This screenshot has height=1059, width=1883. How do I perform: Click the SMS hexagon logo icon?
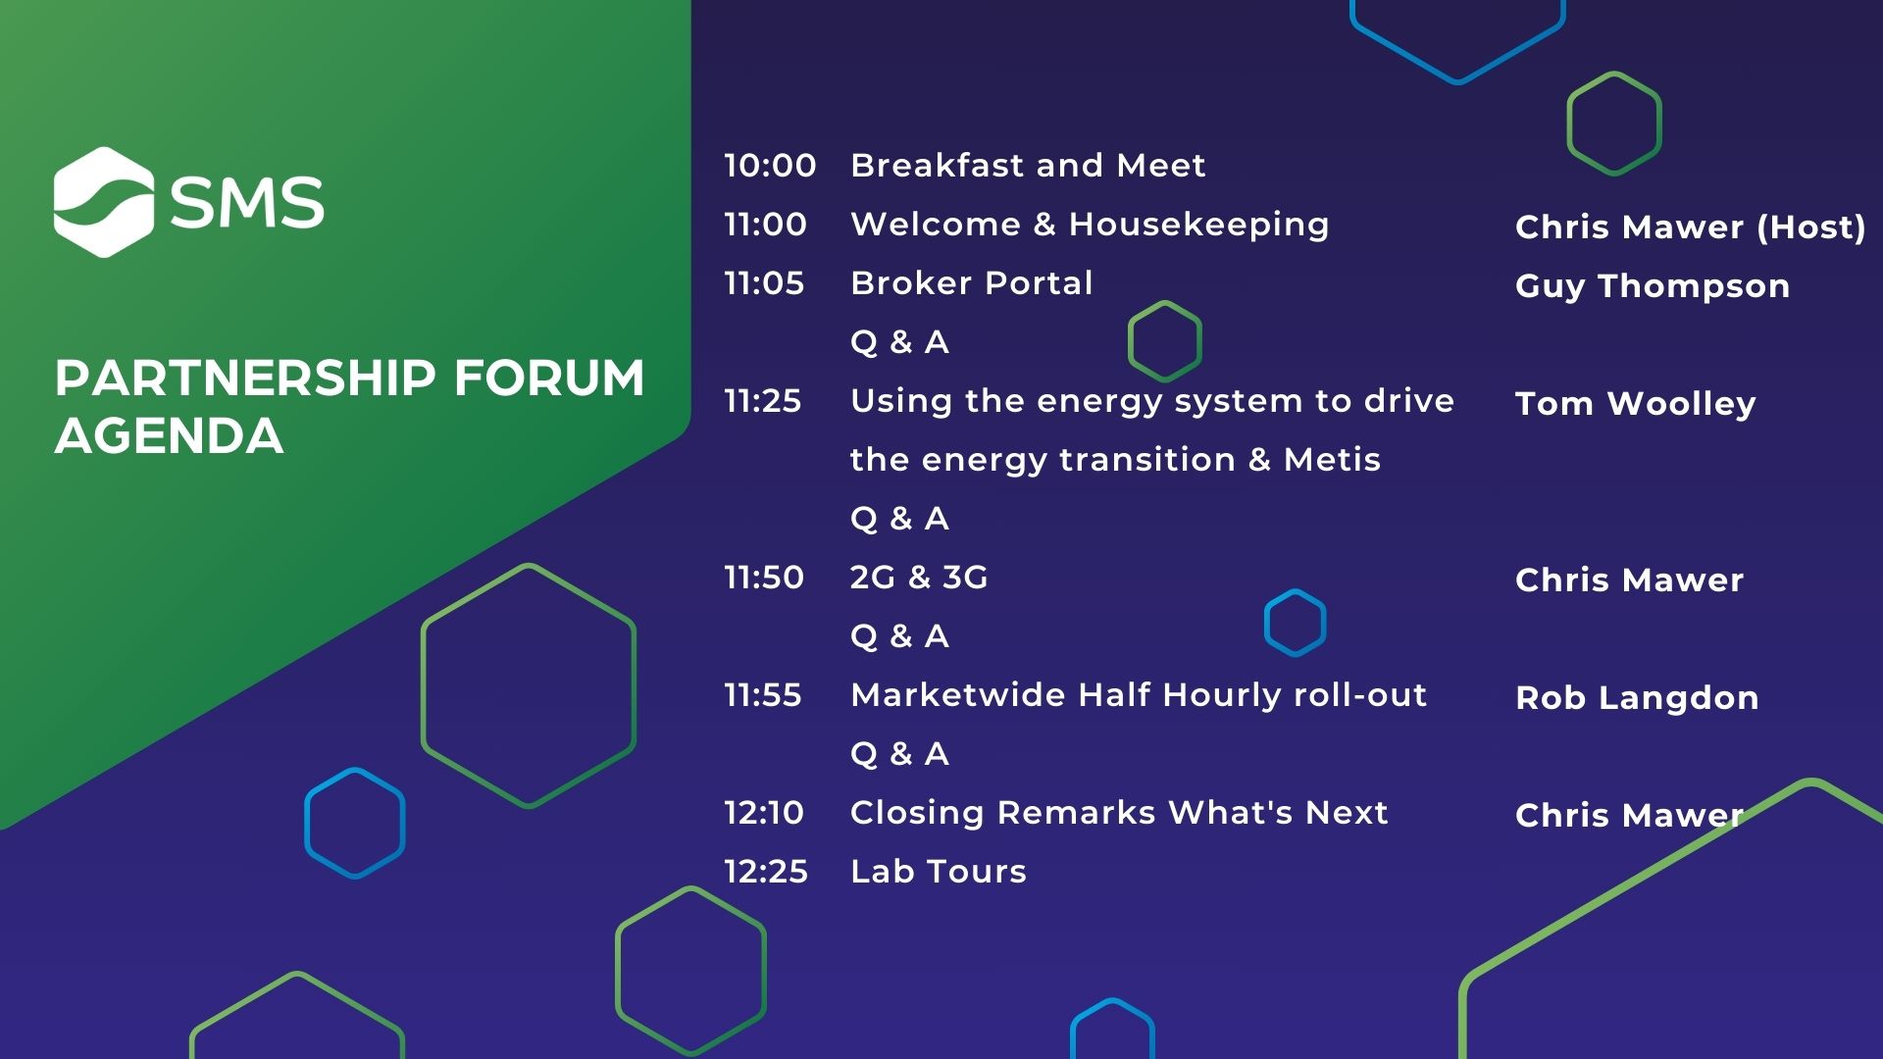104,202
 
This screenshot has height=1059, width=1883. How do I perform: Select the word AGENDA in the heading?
169,436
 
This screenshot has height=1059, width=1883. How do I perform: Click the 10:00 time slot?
770,166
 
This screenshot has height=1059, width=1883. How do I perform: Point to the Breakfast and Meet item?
1028,166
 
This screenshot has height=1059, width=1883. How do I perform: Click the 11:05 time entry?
764,283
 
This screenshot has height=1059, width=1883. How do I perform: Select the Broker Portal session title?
971,283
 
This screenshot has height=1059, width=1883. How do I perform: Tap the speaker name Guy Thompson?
1653,286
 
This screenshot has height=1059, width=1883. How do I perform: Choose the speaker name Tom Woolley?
1636,404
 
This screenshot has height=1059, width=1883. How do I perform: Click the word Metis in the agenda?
1332,460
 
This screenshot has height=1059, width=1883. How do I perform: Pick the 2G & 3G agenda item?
919,578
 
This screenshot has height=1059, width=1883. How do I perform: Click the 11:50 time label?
764,578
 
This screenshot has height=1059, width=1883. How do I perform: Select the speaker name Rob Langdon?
1637,698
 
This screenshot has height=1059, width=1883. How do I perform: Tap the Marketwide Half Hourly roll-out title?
1139,695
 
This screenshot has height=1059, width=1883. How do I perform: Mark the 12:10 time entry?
764,813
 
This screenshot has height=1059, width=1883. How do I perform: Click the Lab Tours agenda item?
939,872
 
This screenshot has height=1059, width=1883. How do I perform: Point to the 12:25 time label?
766,872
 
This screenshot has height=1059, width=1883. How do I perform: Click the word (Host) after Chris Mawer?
1811,227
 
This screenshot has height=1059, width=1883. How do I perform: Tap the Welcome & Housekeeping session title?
1090,225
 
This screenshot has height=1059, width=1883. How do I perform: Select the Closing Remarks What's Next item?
1119,813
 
